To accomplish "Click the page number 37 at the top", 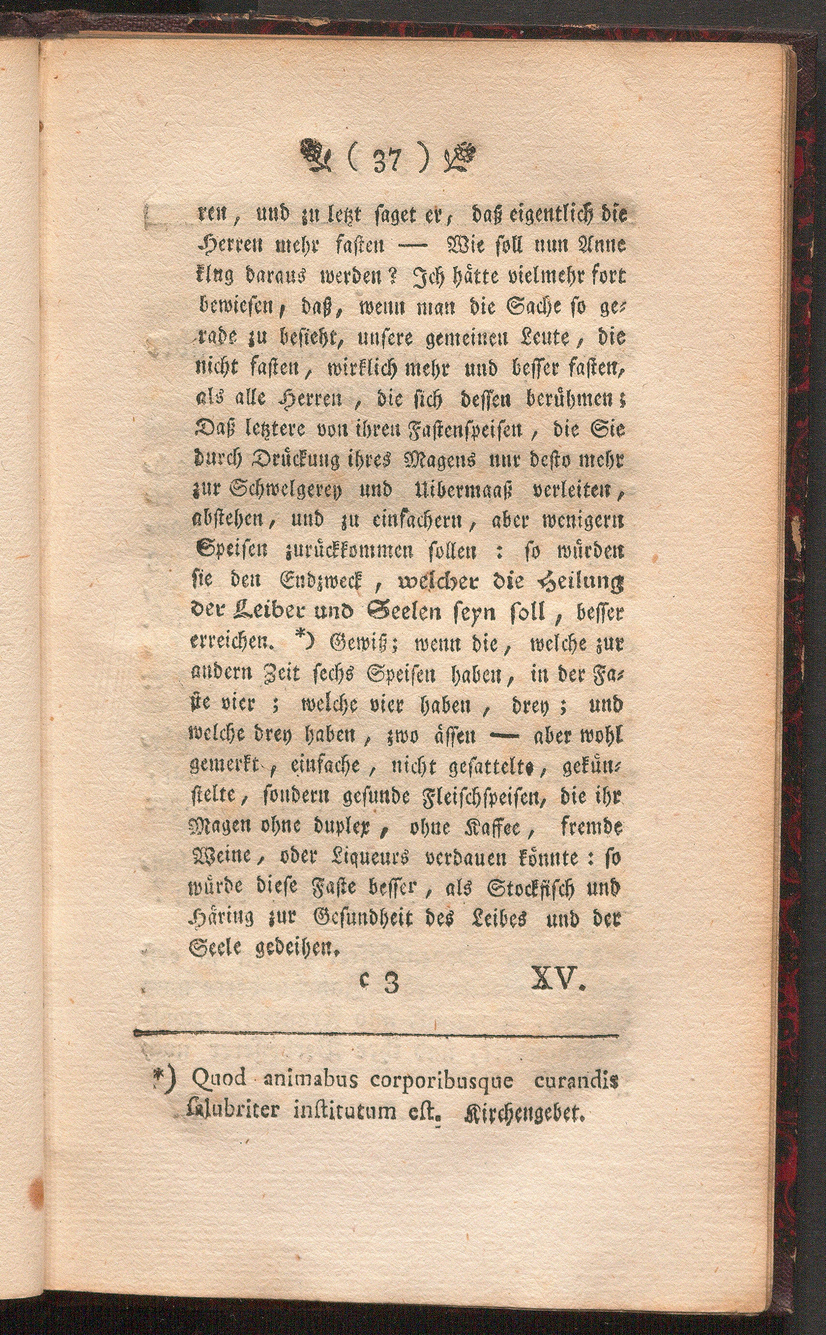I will coord(388,161).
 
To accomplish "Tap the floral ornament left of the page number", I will coord(315,156).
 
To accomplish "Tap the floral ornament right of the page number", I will coord(461,156).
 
